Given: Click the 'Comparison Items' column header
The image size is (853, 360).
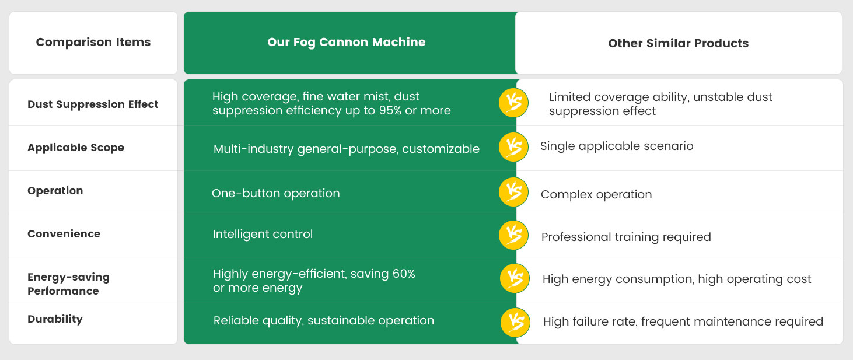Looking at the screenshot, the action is [93, 42].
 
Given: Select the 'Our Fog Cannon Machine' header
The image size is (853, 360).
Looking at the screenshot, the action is [346, 42].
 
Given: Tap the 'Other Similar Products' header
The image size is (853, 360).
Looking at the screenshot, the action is [678, 43].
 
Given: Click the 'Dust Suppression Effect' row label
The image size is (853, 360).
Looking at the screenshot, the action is [93, 104].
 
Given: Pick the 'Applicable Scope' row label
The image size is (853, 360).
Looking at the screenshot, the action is [76, 148].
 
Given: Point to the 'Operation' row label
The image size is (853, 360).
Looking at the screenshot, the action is [55, 190].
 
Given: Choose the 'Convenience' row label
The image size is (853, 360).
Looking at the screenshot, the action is [64, 233].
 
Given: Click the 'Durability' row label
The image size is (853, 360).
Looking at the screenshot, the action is [55, 319].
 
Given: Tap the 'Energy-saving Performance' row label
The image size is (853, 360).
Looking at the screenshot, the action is [68, 284].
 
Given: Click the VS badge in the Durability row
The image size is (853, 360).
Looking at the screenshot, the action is [515, 323].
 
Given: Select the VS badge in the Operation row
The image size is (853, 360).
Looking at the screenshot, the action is [513, 191].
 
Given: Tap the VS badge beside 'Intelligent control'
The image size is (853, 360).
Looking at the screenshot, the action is [513, 235].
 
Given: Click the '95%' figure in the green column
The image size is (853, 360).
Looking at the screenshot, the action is [390, 110].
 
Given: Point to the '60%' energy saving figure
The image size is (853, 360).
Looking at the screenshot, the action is [404, 274].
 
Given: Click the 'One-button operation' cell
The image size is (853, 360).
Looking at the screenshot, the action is [276, 194].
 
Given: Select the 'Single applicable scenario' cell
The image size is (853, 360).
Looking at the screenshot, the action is [617, 146].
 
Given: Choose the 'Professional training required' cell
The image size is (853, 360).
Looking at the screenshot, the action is [626, 237].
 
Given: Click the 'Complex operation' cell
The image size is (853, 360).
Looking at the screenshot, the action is [596, 195].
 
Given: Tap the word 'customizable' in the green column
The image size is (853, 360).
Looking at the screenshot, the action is [441, 149].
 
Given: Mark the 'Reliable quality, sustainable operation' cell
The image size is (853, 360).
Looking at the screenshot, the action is [324, 321].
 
